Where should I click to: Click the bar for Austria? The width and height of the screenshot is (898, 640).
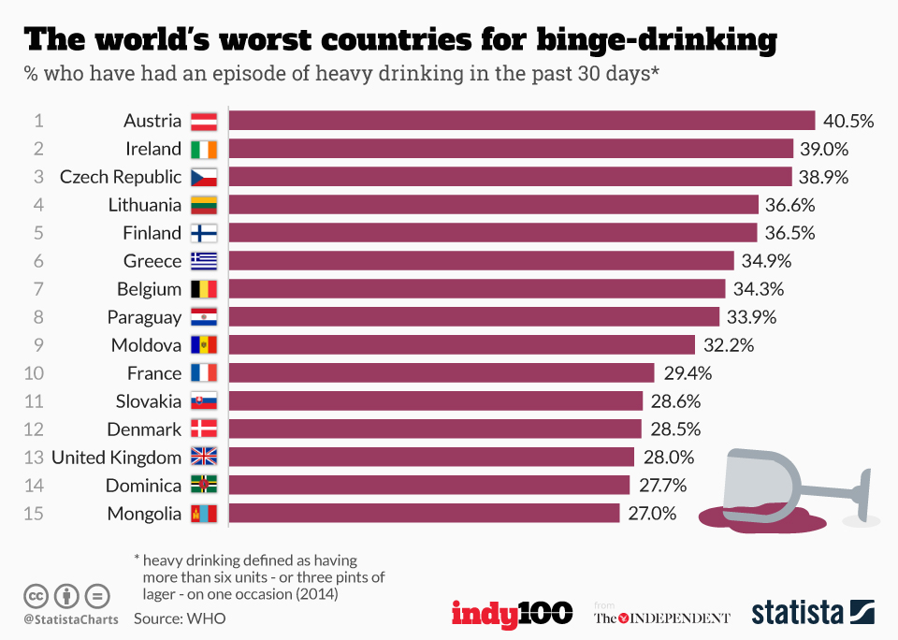(x=522, y=121)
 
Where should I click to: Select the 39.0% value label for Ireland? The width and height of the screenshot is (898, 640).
(x=822, y=149)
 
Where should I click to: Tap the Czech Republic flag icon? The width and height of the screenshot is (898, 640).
(x=204, y=177)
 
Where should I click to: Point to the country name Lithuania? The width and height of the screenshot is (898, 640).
(x=144, y=205)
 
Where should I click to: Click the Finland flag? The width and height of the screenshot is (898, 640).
(x=204, y=233)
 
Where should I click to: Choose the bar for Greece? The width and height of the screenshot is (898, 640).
(x=481, y=261)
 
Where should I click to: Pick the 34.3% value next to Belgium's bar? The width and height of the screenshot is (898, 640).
(x=758, y=289)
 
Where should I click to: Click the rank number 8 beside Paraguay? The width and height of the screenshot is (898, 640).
(x=38, y=317)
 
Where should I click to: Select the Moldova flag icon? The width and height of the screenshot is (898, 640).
(x=204, y=345)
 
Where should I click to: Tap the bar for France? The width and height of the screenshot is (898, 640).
(x=442, y=373)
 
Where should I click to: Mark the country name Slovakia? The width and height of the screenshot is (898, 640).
(x=149, y=401)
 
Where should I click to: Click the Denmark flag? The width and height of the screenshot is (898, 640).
(x=204, y=429)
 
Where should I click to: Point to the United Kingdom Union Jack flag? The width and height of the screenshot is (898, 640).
(x=204, y=458)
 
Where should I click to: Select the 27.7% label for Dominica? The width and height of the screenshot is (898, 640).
(x=662, y=486)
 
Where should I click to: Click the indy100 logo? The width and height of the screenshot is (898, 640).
(x=512, y=614)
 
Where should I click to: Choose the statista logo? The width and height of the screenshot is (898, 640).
(x=812, y=614)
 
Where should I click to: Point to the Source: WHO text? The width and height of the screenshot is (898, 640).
(x=179, y=618)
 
